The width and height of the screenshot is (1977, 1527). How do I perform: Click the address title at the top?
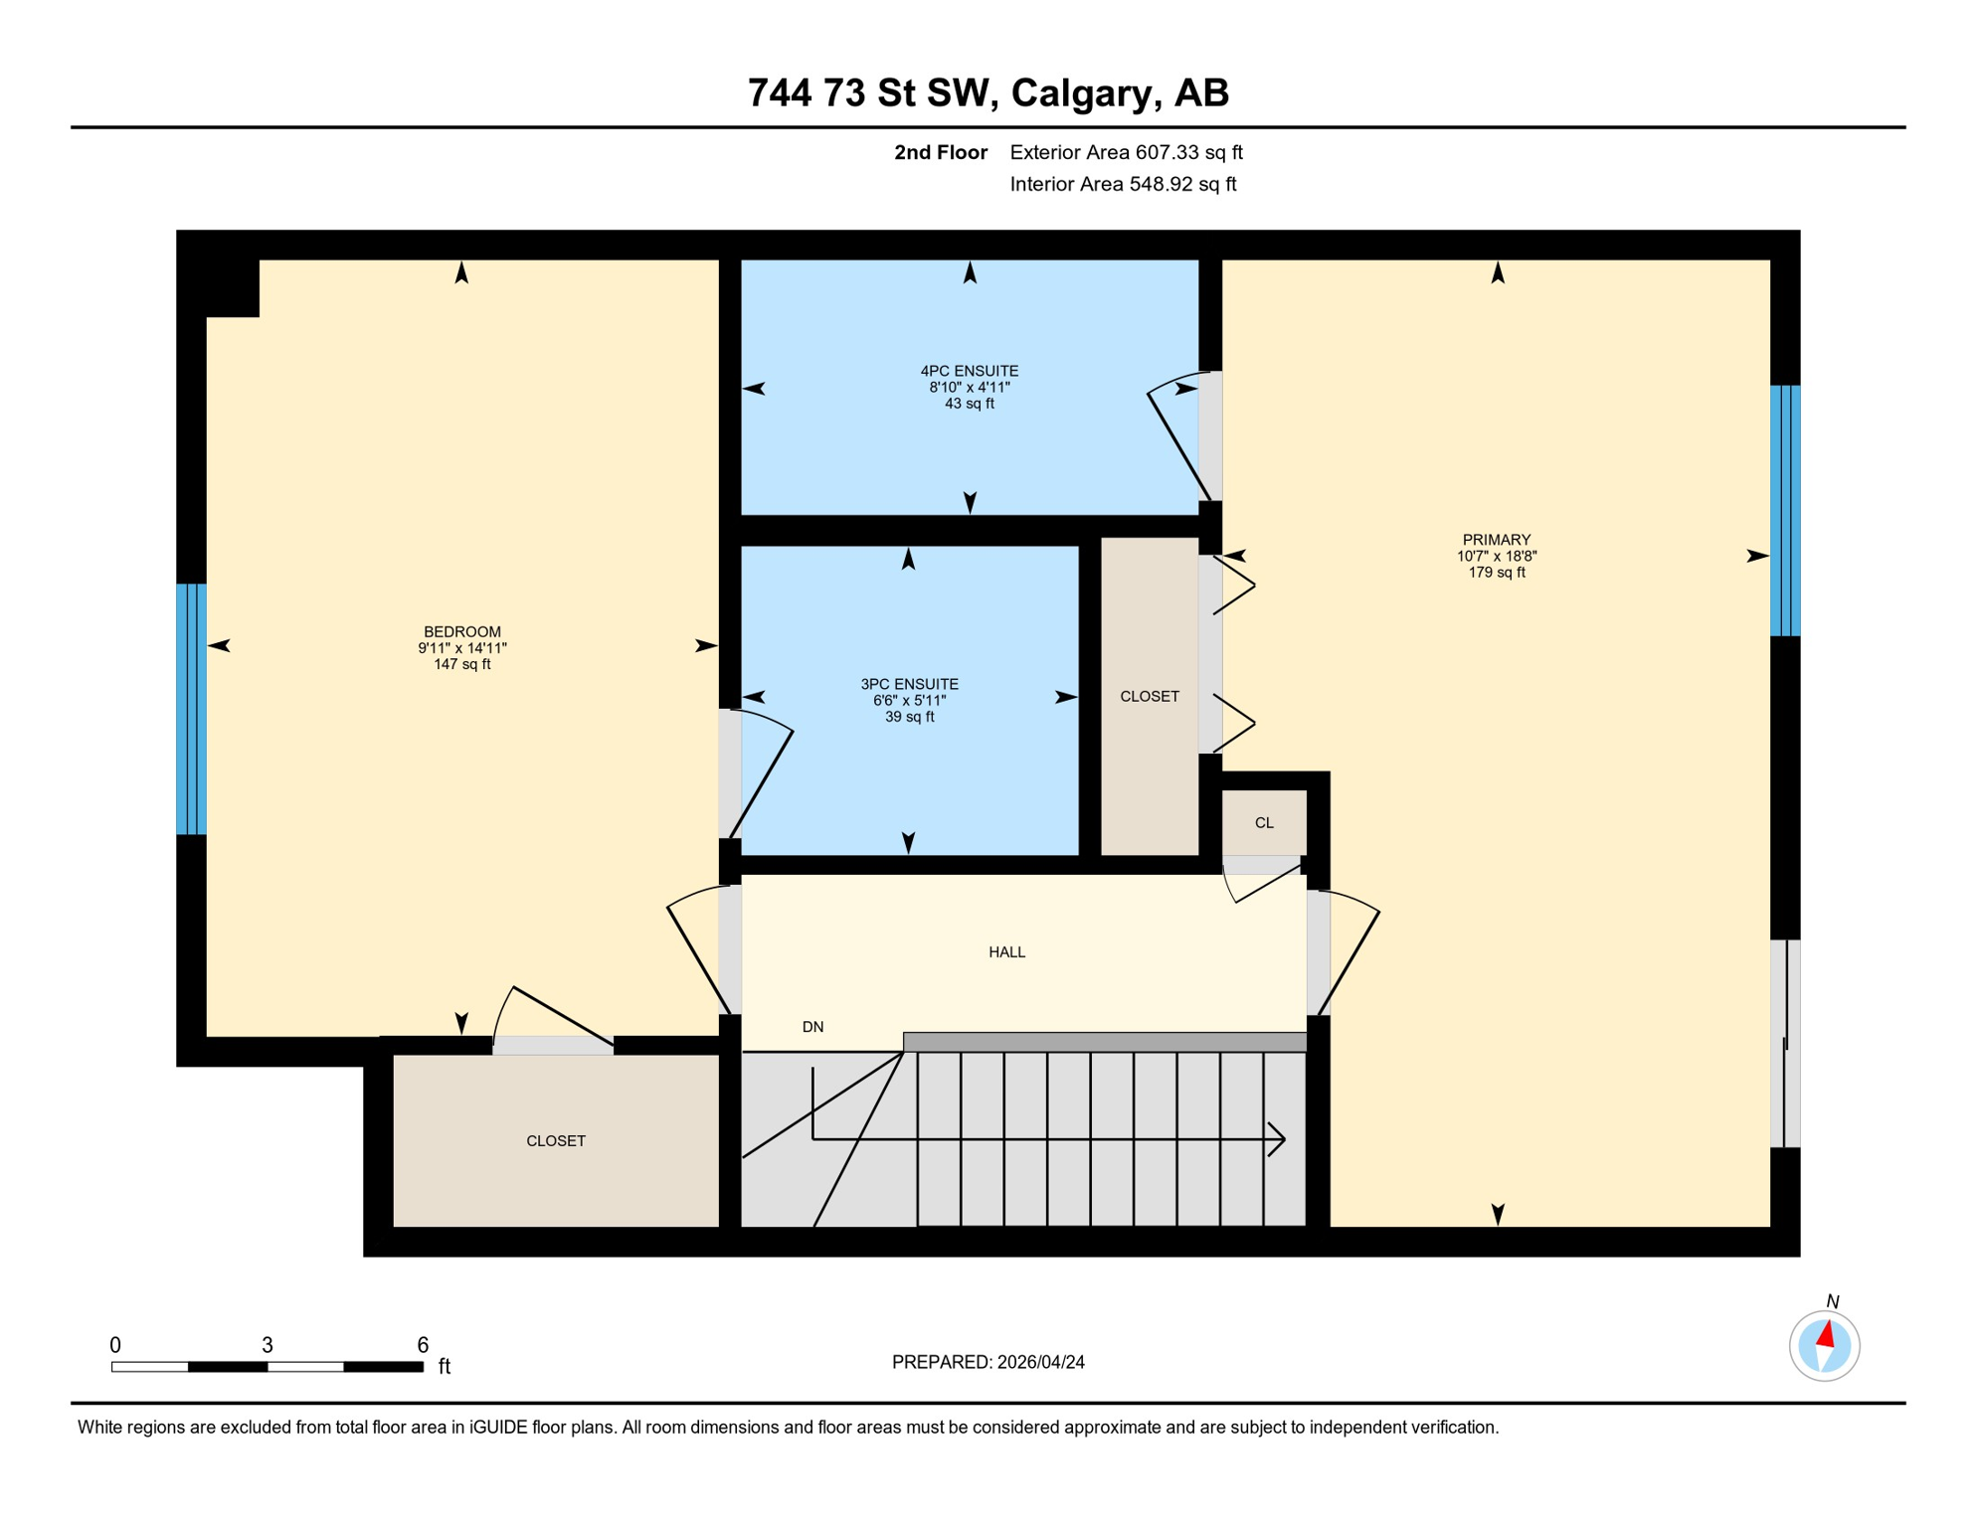988,92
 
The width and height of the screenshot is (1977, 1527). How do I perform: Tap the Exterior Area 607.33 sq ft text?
1126,152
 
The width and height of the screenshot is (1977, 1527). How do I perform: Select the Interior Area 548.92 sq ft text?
1123,184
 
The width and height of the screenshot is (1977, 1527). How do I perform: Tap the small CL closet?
1263,822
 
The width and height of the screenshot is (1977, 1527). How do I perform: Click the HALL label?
1006,952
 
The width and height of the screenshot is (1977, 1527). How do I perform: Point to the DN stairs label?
812,1027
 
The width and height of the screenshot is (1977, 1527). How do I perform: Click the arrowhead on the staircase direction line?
1278,1139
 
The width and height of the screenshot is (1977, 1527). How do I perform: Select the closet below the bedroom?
555,1140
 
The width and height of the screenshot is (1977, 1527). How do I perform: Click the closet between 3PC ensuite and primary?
1149,696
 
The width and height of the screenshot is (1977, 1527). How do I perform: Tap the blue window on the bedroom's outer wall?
191,709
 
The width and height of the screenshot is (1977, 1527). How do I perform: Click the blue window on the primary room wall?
1785,510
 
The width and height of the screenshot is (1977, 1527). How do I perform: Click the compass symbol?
1824,1346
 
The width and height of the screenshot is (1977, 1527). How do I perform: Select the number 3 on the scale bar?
268,1345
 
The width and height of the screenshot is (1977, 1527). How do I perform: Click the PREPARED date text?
988,1362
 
